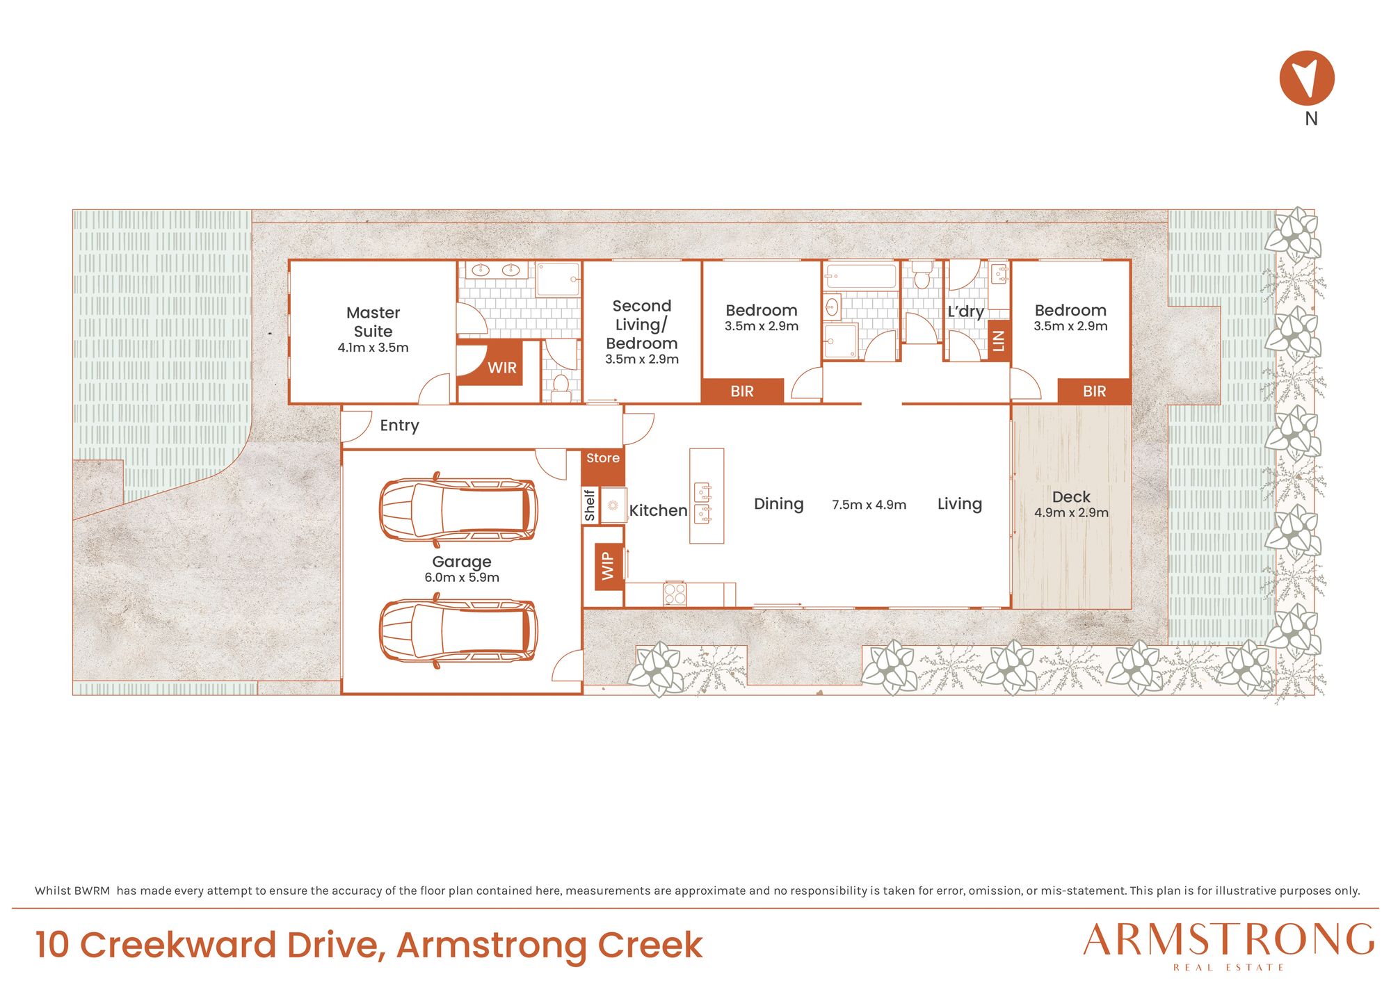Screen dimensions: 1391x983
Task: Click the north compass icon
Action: [1307, 78]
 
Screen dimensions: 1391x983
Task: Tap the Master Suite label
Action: [373, 322]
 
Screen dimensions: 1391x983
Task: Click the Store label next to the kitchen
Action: [602, 458]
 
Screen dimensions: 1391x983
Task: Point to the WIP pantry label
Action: [608, 566]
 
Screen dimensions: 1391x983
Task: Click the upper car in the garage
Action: [458, 509]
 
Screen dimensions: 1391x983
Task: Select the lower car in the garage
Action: [458, 631]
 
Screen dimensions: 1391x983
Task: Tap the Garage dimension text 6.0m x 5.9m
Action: [462, 578]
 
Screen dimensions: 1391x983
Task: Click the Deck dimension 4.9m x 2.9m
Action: [1071, 513]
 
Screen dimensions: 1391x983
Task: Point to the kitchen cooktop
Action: [675, 594]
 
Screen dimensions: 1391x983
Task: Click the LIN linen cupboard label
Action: [999, 341]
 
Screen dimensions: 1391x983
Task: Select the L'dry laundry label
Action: [965, 311]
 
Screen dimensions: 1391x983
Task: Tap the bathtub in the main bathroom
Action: [861, 276]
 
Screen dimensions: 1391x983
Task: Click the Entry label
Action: [399, 425]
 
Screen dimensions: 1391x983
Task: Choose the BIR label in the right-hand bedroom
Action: [1094, 391]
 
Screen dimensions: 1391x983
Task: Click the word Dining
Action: [778, 504]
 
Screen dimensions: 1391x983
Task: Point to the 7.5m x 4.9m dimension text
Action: [869, 505]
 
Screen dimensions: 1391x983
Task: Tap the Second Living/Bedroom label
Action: [641, 325]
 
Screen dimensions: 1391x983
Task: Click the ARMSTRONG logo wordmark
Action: [1228, 941]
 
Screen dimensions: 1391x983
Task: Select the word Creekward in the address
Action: [179, 945]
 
